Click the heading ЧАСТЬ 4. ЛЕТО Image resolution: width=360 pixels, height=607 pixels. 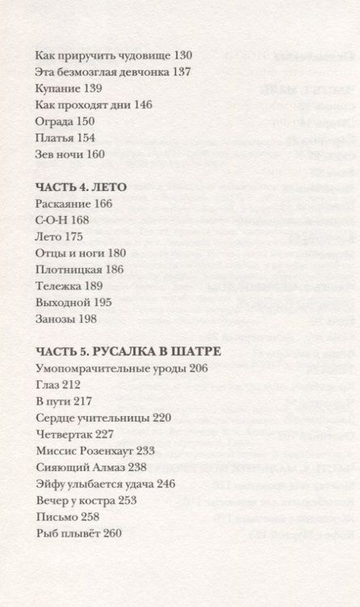82,186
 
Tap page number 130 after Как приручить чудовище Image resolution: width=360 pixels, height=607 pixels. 183,55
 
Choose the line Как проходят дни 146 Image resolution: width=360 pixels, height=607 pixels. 95,104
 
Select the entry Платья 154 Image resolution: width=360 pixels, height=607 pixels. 66,138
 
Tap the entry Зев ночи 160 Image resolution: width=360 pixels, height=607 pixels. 71,155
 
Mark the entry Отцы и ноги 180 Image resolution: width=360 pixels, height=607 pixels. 81,253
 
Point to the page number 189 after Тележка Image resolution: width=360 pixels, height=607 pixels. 96,286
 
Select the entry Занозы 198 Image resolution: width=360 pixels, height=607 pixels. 66,319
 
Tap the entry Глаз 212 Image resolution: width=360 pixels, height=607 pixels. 59,384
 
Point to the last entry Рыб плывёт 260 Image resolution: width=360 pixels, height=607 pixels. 78,533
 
